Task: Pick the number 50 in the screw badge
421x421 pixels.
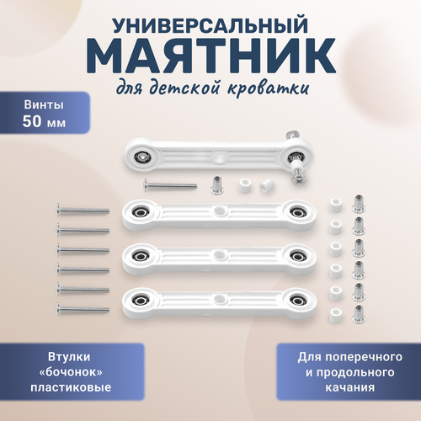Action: tap(33, 121)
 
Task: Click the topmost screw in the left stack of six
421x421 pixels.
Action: tap(82, 207)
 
